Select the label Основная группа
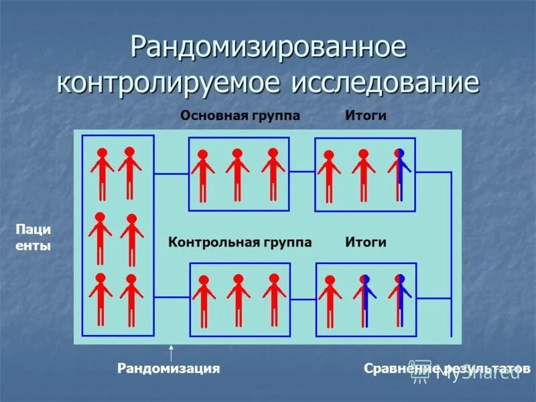[x=240, y=116]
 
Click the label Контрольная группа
[x=240, y=242]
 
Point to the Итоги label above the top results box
[x=366, y=116]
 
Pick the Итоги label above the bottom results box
[x=366, y=242]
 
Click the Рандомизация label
[x=169, y=368]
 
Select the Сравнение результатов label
[x=447, y=368]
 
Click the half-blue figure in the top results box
[x=399, y=174]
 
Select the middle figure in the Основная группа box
[x=237, y=174]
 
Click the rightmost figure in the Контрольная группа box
[x=273, y=299]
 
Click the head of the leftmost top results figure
[x=328, y=155]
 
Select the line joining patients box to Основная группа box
[x=172, y=174]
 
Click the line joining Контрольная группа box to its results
[x=303, y=299]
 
